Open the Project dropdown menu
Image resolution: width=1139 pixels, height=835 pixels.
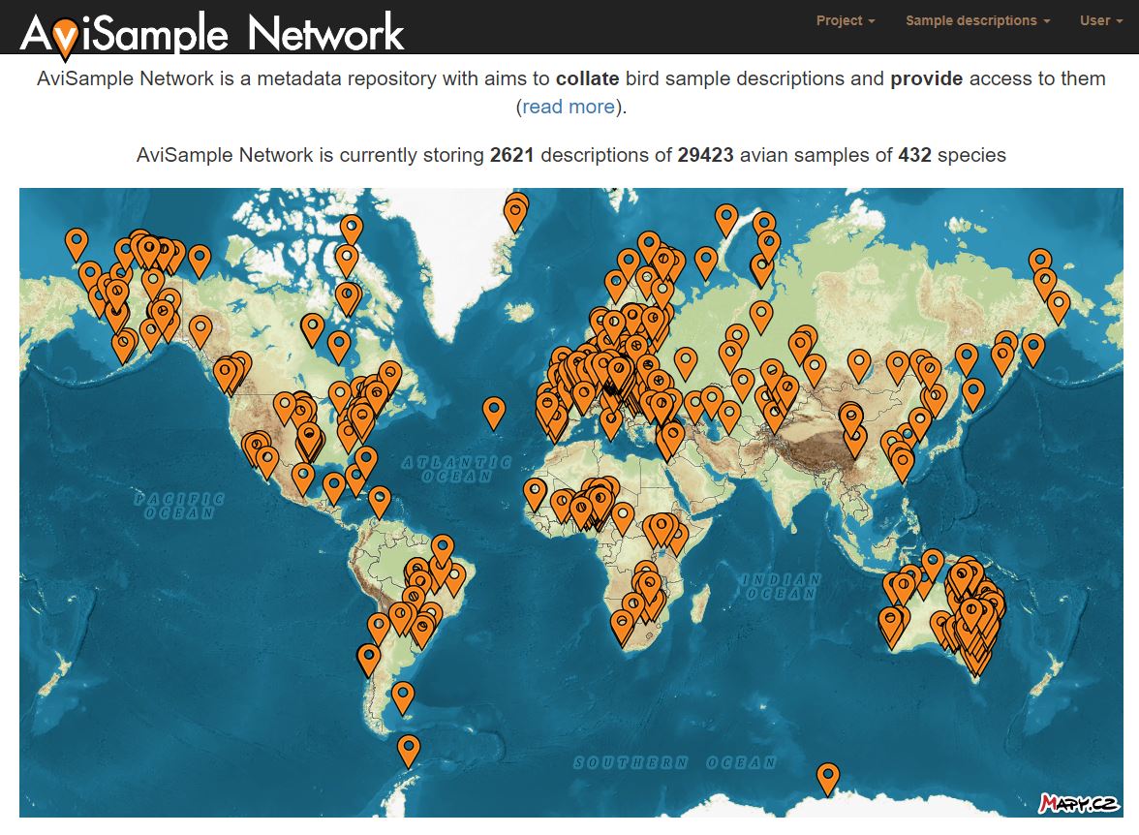(845, 20)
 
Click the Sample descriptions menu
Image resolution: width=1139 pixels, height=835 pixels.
(977, 20)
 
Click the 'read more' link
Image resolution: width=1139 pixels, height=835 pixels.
(569, 107)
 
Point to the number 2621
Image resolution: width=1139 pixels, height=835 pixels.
(512, 155)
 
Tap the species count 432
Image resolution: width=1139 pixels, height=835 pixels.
(914, 155)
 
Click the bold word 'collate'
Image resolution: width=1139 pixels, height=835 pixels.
(588, 78)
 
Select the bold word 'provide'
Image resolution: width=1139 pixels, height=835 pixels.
(927, 78)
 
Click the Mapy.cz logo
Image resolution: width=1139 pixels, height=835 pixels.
(1079, 803)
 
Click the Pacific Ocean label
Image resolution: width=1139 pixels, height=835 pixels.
(179, 506)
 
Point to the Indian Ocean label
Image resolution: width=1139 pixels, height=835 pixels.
(781, 586)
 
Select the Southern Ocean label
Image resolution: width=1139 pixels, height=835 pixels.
(676, 762)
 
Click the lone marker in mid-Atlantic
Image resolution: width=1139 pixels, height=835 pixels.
(494, 412)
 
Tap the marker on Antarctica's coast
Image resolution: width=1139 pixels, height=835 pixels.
(827, 777)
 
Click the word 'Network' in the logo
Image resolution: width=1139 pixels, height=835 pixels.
(325, 34)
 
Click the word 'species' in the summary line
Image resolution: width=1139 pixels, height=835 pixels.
(971, 155)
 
